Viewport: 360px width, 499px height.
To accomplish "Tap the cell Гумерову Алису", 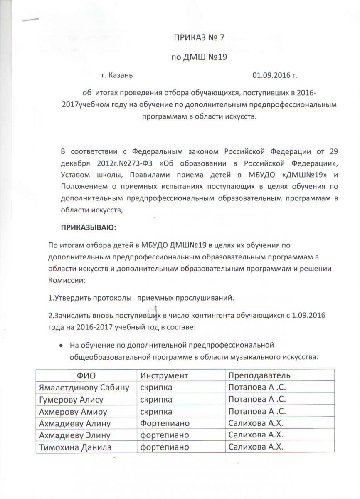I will (x=71, y=400).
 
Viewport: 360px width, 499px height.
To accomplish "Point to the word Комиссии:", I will (x=67, y=280).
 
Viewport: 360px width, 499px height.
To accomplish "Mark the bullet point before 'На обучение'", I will (x=61, y=345).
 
